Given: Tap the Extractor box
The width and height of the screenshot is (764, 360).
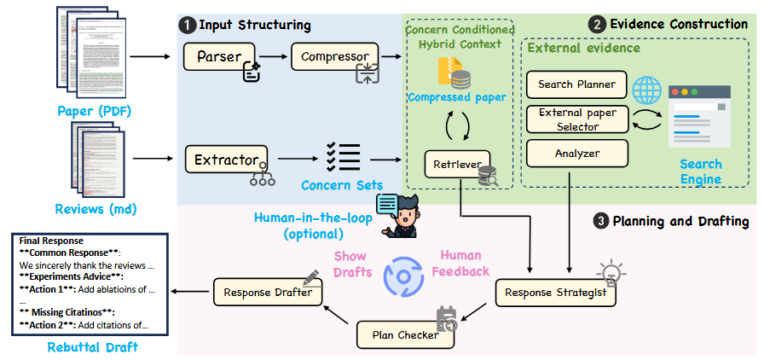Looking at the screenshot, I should (x=227, y=159).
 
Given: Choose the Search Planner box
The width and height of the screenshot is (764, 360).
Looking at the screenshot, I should (x=576, y=85).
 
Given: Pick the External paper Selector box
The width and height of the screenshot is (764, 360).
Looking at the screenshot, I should (x=576, y=119).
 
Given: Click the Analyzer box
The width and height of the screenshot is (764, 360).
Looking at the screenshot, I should (x=576, y=154).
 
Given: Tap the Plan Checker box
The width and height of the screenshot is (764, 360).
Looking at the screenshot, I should (x=405, y=334).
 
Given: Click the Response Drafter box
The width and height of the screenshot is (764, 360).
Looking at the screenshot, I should (x=268, y=293).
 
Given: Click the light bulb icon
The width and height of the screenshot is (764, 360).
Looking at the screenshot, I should (x=611, y=272).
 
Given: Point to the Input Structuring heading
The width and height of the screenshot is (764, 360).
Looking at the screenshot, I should (x=255, y=25).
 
